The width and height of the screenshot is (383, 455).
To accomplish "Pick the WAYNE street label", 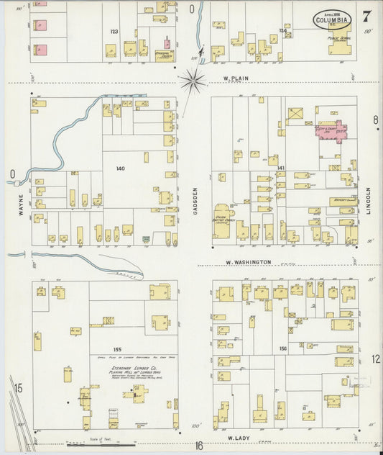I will pyautogui.click(x=21, y=204).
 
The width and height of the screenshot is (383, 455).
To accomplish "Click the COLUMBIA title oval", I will pyautogui.click(x=333, y=21).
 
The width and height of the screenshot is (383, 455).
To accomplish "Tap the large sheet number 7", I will pyautogui.click(x=367, y=16).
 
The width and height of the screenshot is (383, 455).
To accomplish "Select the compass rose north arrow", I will pyautogui.click(x=193, y=81).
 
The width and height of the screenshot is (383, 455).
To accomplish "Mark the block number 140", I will pyautogui.click(x=120, y=168).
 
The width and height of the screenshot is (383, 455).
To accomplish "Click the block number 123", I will pyautogui.click(x=114, y=32).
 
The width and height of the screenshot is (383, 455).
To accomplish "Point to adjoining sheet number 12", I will pyautogui.click(x=375, y=359).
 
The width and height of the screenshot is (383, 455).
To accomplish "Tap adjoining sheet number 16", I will pyautogui.click(x=198, y=446).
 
